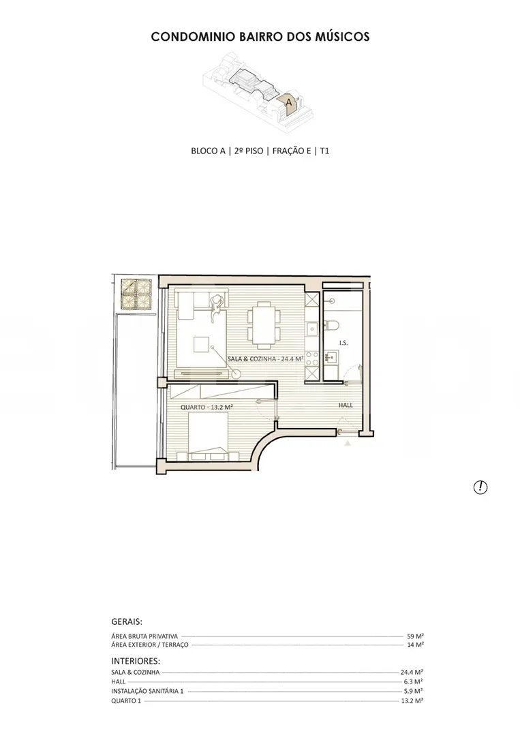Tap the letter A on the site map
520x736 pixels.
click(x=289, y=102)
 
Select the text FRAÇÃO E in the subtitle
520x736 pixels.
click(x=292, y=151)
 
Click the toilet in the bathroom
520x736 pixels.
click(x=331, y=325)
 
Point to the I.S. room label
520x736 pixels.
click(x=343, y=343)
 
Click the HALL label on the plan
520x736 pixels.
click(x=346, y=405)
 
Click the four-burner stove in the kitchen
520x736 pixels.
click(x=312, y=358)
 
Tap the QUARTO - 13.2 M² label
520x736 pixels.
click(x=207, y=407)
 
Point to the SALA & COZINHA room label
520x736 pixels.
click(x=266, y=359)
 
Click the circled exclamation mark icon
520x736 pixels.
click(x=480, y=487)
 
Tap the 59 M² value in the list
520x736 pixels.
click(x=415, y=637)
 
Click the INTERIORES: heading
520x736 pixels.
click(x=136, y=661)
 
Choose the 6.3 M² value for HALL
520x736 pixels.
click(x=414, y=681)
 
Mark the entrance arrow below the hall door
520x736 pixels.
click(x=348, y=443)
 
